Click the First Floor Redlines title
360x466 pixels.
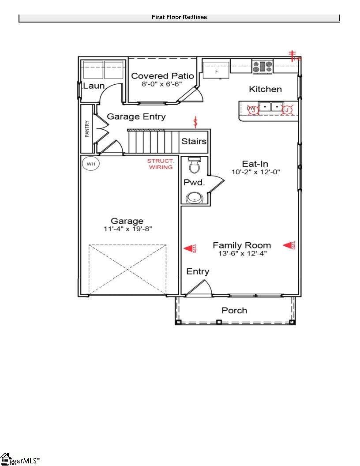(x=179, y=17)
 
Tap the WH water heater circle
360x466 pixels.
(x=91, y=164)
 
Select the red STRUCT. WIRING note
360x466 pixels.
(x=160, y=164)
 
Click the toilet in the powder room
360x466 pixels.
(x=194, y=165)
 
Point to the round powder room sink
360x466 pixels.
(x=194, y=199)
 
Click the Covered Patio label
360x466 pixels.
(x=162, y=76)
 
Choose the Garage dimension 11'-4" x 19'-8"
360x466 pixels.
(x=127, y=229)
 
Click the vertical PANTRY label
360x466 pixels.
(x=87, y=129)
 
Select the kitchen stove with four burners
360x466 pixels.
(x=262, y=67)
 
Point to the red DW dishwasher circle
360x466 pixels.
(x=251, y=109)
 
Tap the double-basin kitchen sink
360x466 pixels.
(x=270, y=107)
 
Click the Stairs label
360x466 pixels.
(x=194, y=142)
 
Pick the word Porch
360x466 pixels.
(x=234, y=311)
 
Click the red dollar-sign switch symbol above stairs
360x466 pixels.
(x=196, y=121)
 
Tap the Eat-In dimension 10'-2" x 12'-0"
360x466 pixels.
(x=256, y=172)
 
